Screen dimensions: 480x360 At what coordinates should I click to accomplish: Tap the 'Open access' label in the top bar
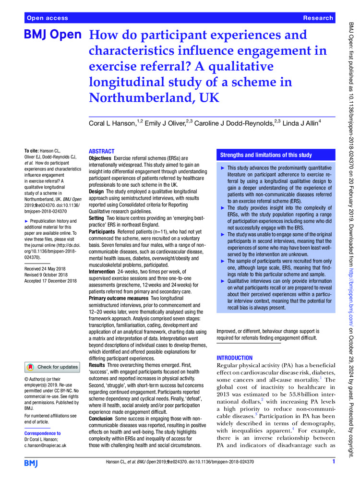tap(48, 18)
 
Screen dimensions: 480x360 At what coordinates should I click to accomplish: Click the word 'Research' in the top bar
tap(318, 18)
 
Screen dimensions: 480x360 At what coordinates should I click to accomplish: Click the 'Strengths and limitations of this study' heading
tap(265, 155)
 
